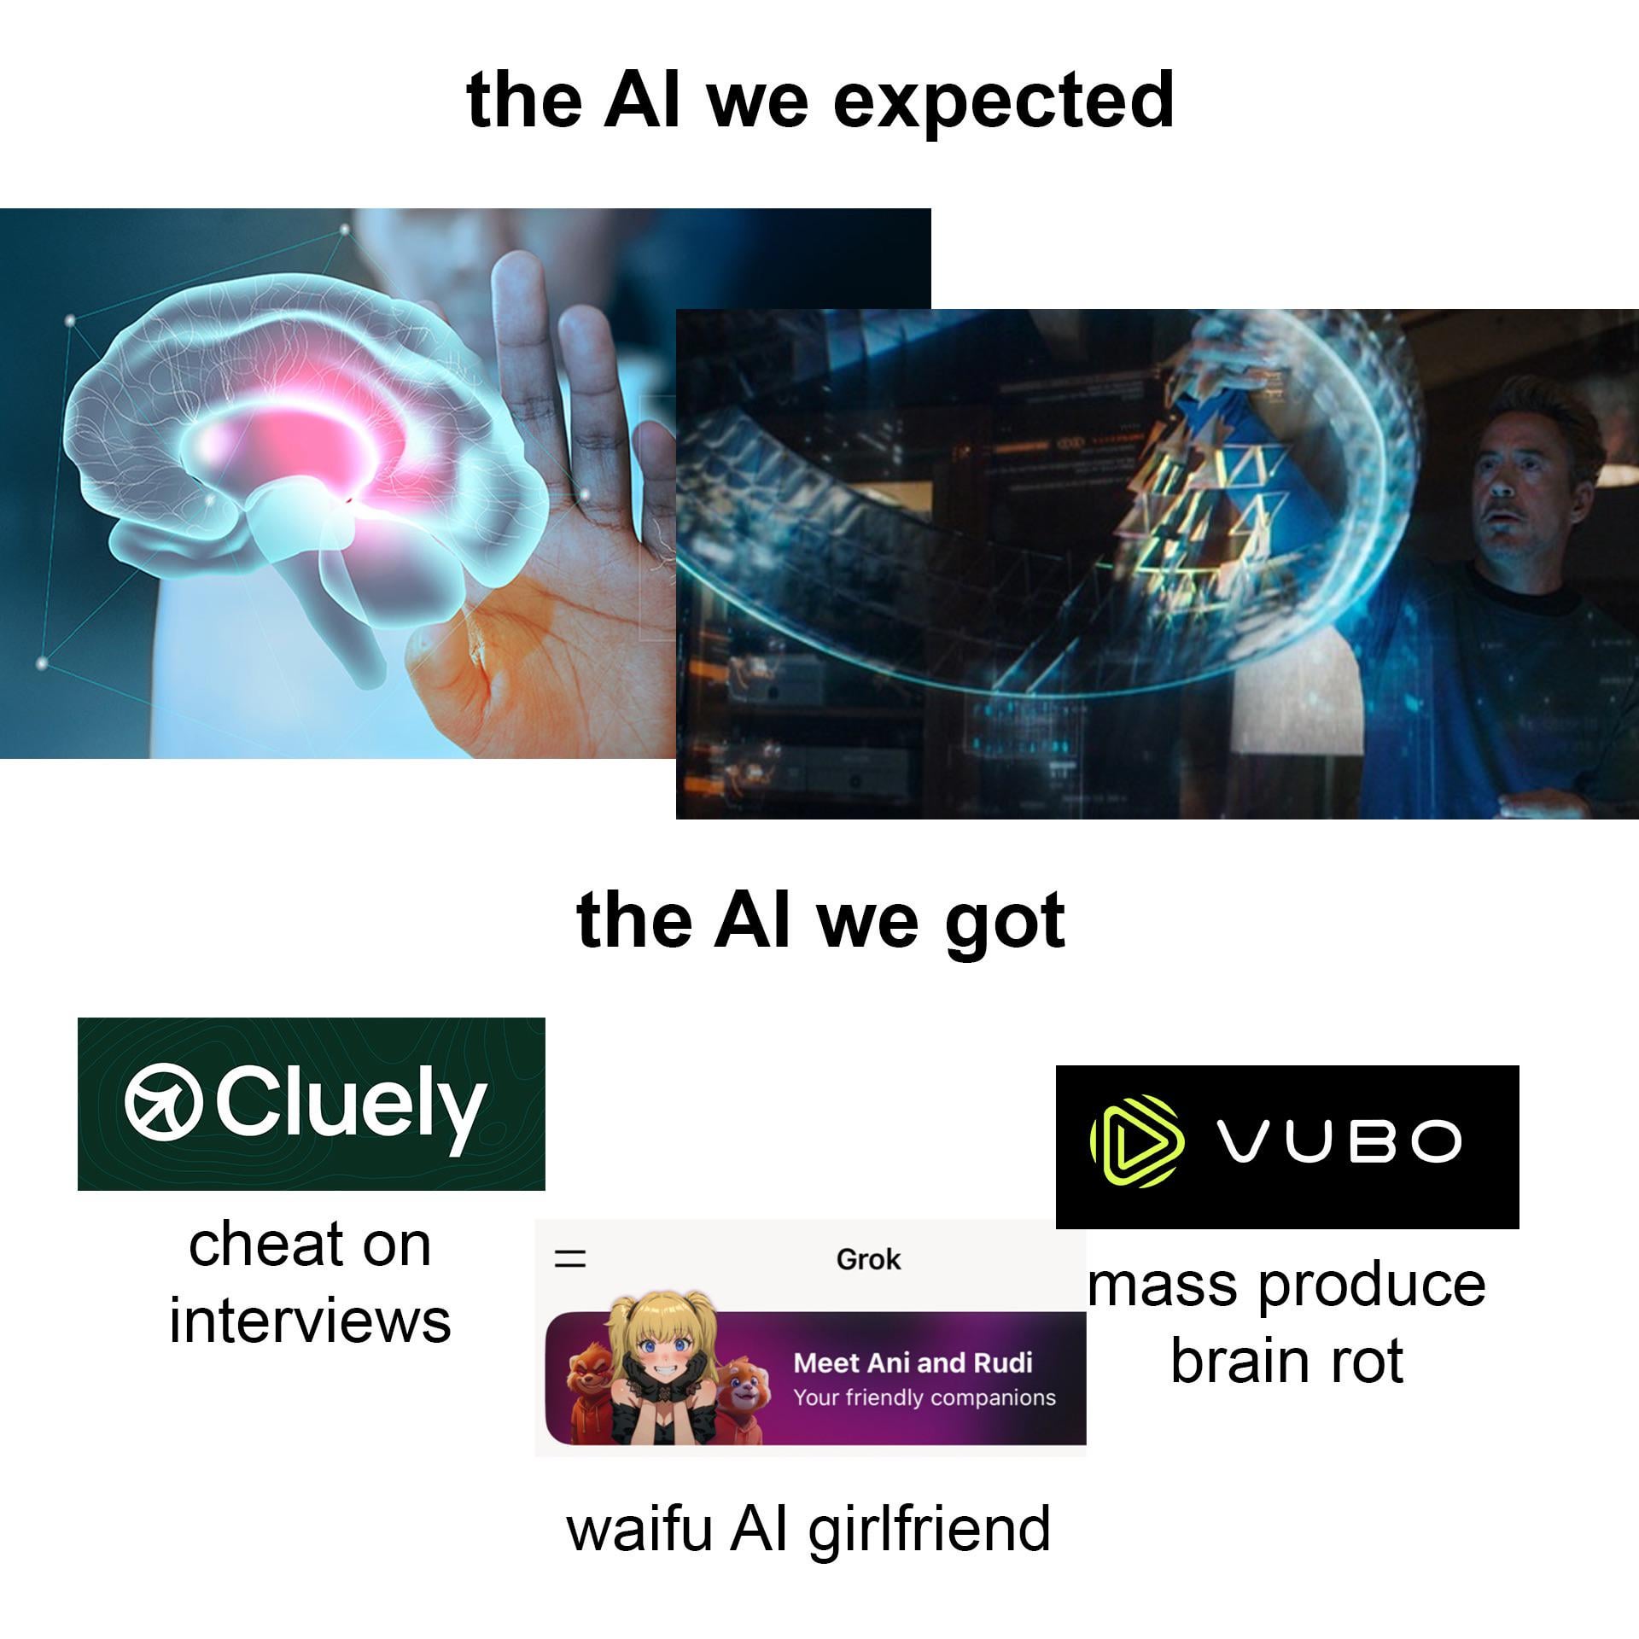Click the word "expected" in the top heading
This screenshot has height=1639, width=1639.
click(1003, 102)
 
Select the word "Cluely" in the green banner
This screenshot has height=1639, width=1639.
click(350, 1106)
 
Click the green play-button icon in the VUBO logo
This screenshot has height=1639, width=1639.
click(1137, 1141)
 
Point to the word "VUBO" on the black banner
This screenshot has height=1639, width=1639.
click(1339, 1141)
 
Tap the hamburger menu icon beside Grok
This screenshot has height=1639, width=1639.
click(571, 1258)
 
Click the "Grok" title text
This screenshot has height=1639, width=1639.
click(868, 1259)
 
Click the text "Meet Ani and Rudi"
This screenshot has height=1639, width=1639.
click(913, 1362)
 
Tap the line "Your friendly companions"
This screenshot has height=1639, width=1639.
click(924, 1398)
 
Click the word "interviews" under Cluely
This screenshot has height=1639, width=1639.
click(310, 1321)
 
